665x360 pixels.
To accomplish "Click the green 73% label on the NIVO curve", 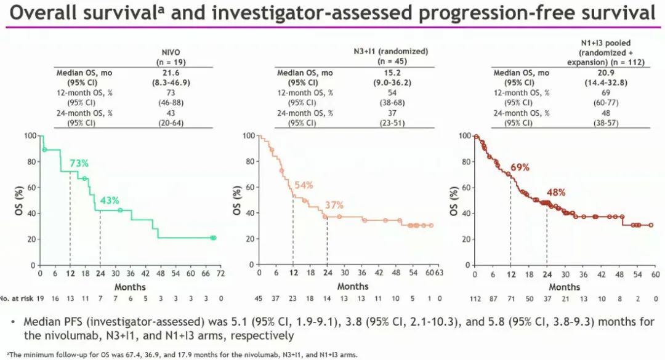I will click(79, 163).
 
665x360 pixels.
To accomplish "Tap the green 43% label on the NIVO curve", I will click(110, 200).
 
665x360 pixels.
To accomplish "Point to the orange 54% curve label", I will click(304, 185).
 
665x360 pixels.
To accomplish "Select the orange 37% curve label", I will click(334, 205).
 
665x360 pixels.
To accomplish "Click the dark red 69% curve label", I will click(520, 167).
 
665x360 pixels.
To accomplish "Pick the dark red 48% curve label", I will click(557, 192).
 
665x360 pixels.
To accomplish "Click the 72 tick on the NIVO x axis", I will click(220, 273).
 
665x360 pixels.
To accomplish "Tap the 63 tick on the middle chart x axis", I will click(439, 273).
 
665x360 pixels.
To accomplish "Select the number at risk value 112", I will click(476, 299).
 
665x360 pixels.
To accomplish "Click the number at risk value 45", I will click(259, 299).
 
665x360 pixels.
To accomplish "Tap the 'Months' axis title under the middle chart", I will click(352, 286).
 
